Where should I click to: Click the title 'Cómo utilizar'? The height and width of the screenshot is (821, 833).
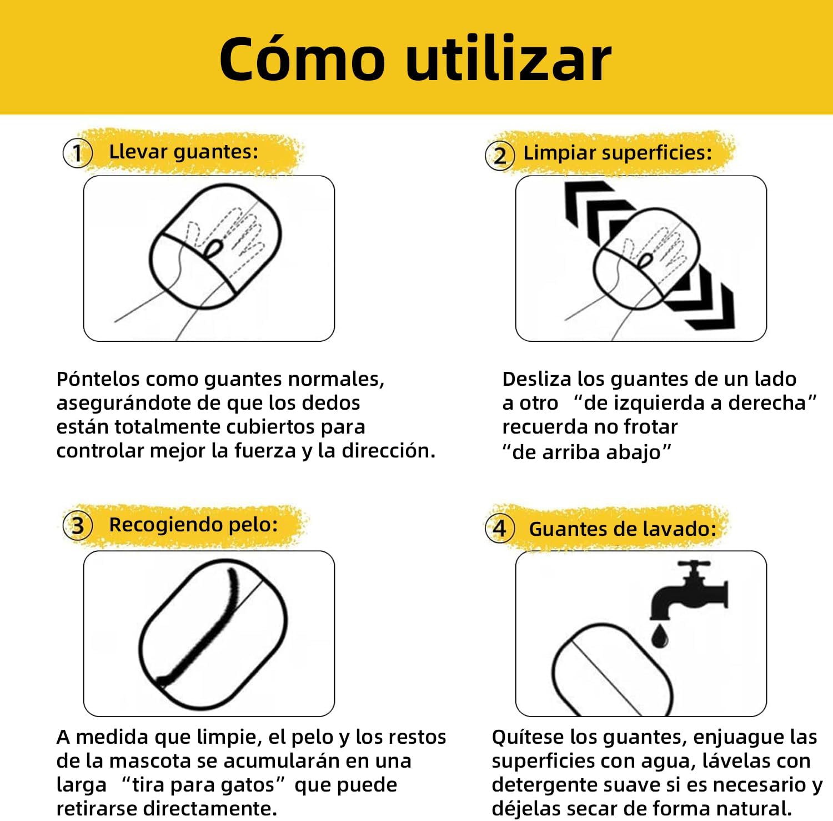click(x=415, y=59)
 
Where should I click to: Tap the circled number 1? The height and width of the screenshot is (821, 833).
click(x=77, y=153)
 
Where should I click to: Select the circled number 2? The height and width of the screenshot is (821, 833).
click(x=500, y=155)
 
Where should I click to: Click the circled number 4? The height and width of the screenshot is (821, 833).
click(x=500, y=528)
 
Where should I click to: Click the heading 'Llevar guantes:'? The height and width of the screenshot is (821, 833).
click(x=184, y=152)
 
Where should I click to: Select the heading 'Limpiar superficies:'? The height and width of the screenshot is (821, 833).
click(x=618, y=153)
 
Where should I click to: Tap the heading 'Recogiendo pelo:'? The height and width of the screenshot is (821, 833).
click(x=193, y=525)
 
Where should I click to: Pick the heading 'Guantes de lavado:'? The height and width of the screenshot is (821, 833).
click(x=623, y=529)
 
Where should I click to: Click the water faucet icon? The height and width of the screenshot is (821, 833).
click(x=689, y=591)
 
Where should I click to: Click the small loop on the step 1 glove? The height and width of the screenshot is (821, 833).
click(x=213, y=249)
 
